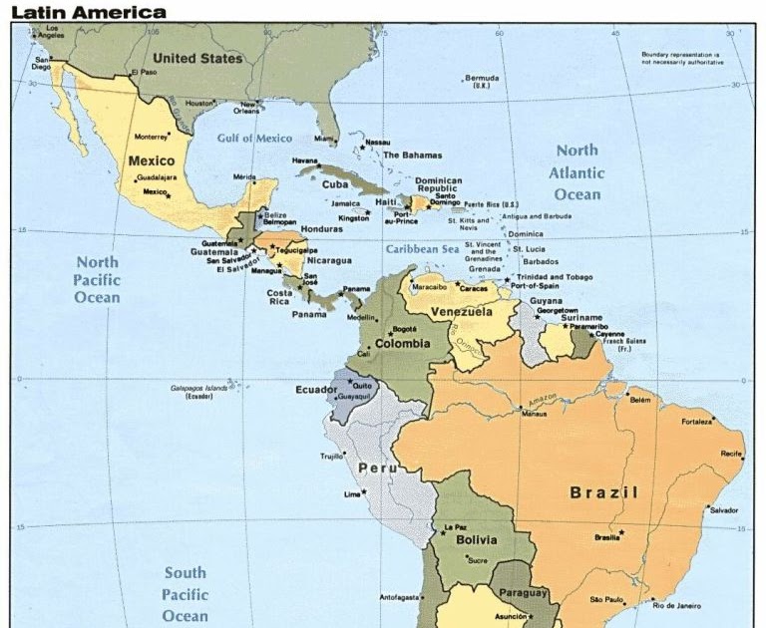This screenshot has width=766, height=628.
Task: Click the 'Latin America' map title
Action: coord(89,12)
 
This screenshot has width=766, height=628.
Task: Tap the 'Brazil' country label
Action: coord(603,492)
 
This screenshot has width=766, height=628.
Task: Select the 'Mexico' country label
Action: coord(152,159)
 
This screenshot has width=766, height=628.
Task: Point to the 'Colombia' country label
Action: coord(402,343)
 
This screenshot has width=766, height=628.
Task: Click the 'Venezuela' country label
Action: coord(462,312)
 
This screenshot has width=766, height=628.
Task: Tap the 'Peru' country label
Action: coord(378,468)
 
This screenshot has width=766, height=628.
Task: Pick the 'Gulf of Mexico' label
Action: coord(255,139)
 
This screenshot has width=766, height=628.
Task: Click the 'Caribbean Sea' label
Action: coord(423,249)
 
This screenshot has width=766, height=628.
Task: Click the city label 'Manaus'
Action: coord(535,413)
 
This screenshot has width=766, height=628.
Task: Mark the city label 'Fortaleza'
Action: coord(697,422)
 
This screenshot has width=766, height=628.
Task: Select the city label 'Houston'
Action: coord(199,103)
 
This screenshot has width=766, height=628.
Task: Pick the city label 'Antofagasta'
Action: coord(399,598)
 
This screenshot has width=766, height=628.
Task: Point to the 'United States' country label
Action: coord(197,59)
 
